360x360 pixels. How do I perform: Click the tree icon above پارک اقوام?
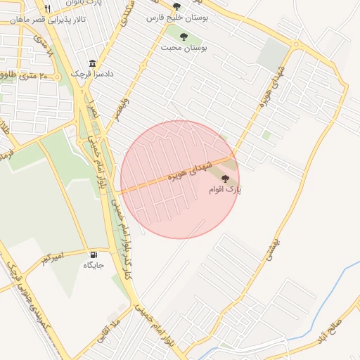pyautogui.click(x=225, y=179)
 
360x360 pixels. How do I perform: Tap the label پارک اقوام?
pyautogui.click(x=225, y=190)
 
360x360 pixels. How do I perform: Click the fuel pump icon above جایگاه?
pyautogui.click(x=94, y=255)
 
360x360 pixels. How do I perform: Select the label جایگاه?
pyautogui.click(x=94, y=265)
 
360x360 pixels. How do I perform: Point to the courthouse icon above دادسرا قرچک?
pyautogui.click(x=93, y=63)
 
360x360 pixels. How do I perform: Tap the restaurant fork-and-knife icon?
pyautogui.click(x=47, y=8)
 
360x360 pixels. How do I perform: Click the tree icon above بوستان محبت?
pyautogui.click(x=184, y=37)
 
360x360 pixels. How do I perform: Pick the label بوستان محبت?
pyautogui.click(x=184, y=48)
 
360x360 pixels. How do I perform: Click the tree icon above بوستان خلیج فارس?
pyautogui.click(x=176, y=6)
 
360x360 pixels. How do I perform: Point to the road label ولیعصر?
pyautogui.click(x=123, y=110)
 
